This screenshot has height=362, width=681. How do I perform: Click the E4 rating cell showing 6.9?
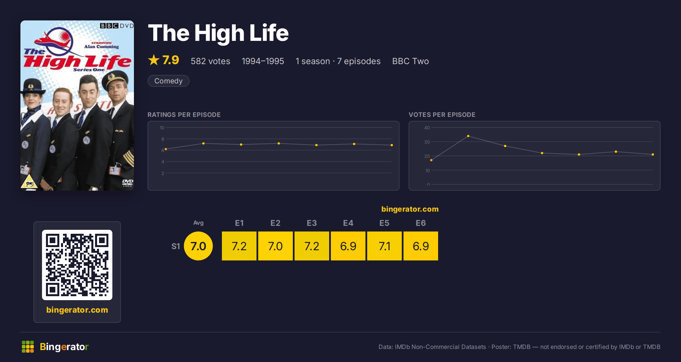[x=348, y=246]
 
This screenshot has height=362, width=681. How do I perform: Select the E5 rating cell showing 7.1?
[x=384, y=246]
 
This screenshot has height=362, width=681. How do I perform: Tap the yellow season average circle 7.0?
[x=198, y=246]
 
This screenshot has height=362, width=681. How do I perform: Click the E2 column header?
[x=276, y=223]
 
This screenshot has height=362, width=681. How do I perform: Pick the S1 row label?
[x=176, y=246]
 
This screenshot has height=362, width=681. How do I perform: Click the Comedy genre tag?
[x=169, y=81]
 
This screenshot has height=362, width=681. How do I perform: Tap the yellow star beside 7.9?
[x=154, y=60]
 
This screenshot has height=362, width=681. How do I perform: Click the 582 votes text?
[x=211, y=61]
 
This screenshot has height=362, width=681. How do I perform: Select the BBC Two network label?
[x=411, y=61]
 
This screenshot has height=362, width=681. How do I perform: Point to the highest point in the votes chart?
[x=468, y=136]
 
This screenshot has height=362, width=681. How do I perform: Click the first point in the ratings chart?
[x=166, y=149]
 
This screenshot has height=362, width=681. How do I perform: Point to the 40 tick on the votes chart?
[x=427, y=128]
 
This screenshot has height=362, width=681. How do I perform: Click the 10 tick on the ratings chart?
[x=162, y=128]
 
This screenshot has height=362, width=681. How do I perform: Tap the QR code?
[x=77, y=265]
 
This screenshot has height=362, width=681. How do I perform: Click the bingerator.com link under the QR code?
[x=77, y=310]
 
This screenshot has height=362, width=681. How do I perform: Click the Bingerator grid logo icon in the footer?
[x=28, y=347]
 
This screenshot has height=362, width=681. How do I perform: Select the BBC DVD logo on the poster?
[x=117, y=26]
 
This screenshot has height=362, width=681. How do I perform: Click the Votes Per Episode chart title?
[x=442, y=115]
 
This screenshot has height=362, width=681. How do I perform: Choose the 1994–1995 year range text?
[x=263, y=61]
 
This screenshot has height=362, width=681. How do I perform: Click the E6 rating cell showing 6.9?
[x=421, y=246]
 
